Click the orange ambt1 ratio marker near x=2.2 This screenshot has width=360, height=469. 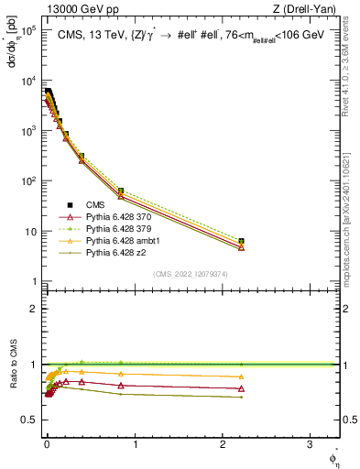point(241,376)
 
